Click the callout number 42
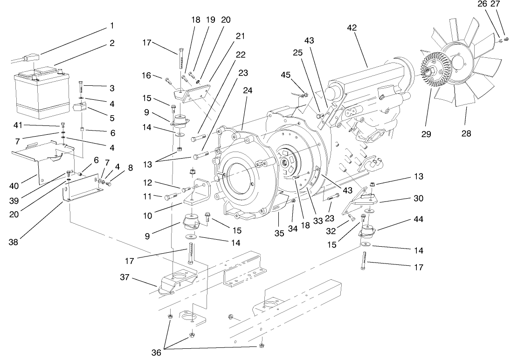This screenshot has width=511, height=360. pyautogui.click(x=352, y=28)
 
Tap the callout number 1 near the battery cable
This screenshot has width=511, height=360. pyautogui.click(x=111, y=25)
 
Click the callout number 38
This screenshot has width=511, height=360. pyautogui.click(x=14, y=242)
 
